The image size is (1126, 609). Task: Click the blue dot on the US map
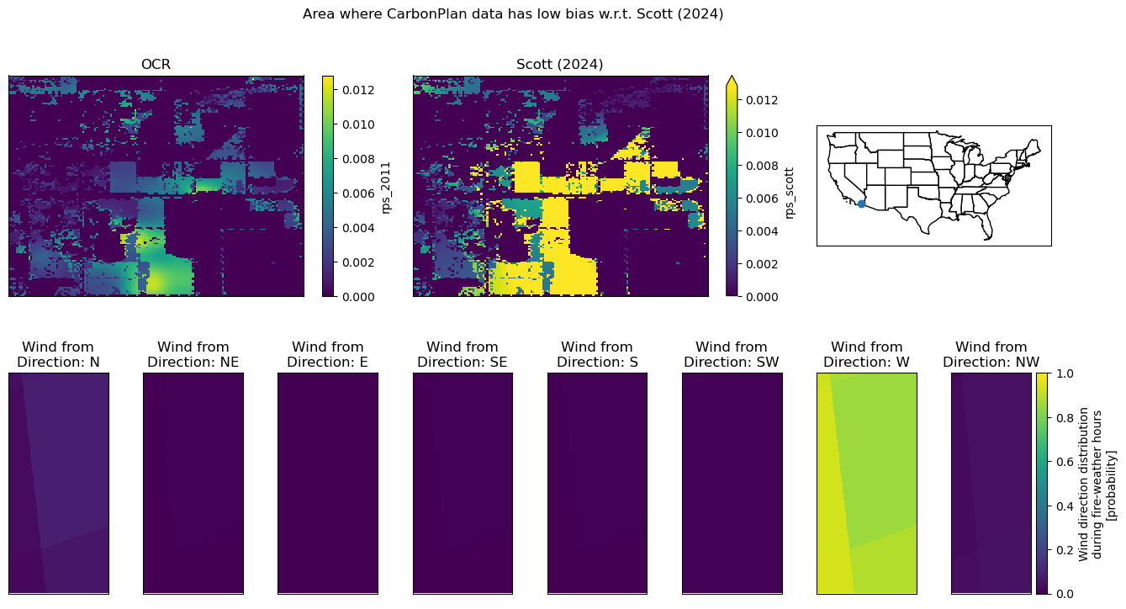click(x=861, y=204)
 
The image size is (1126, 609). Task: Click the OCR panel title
click(x=156, y=65)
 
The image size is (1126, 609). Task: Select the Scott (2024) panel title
click(x=559, y=65)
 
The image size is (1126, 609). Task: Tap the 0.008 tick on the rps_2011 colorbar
click(x=358, y=160)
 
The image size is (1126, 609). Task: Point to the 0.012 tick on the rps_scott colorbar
click(x=762, y=100)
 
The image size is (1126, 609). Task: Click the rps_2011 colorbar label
click(x=385, y=188)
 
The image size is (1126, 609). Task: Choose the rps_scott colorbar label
click(x=789, y=193)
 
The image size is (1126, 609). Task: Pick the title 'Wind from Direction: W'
click(x=867, y=354)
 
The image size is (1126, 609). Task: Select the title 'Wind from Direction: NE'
click(x=193, y=354)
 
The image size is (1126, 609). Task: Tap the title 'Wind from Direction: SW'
click(x=732, y=354)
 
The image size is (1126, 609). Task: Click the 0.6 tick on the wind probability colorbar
click(x=1063, y=462)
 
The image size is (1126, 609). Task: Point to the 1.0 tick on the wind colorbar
click(x=1063, y=373)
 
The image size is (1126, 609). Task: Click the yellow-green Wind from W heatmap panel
click(x=867, y=484)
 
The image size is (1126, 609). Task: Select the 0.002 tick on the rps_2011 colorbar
click(x=358, y=262)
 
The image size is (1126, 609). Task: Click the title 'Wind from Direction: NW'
click(x=991, y=354)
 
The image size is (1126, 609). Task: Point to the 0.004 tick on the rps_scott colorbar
click(x=762, y=231)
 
